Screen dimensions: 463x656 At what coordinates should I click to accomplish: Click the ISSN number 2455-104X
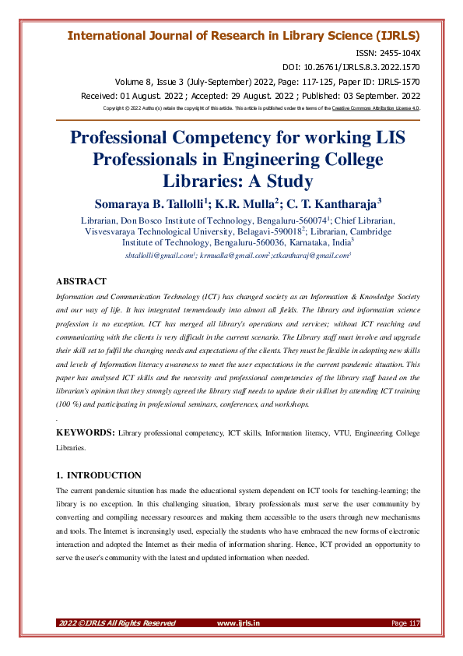coord(398,51)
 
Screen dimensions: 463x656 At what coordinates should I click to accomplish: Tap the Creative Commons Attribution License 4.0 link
coord(376,108)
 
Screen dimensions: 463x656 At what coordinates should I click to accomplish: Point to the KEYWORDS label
coord(86,431)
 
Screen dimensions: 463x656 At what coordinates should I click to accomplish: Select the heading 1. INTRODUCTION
coord(99,474)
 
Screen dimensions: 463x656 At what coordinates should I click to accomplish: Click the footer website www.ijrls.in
coord(238,622)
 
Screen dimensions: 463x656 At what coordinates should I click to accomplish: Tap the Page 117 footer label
coord(405,622)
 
